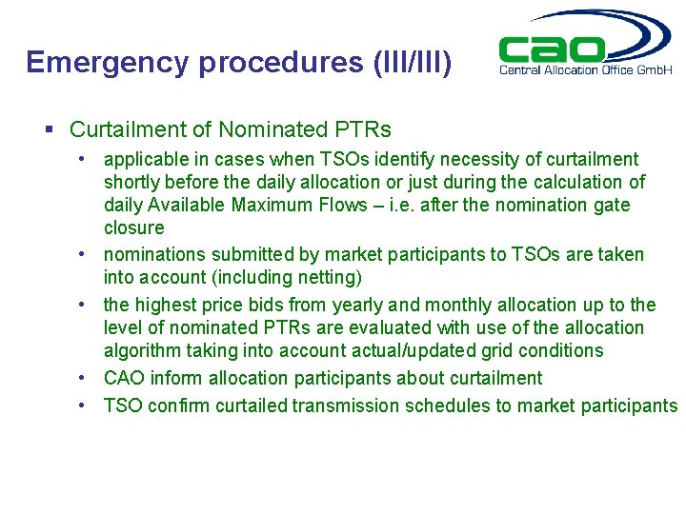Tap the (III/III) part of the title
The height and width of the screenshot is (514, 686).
408,62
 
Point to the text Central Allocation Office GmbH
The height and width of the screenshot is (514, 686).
585,69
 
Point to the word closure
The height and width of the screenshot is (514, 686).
134,227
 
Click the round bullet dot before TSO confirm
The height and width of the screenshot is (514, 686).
84,405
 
